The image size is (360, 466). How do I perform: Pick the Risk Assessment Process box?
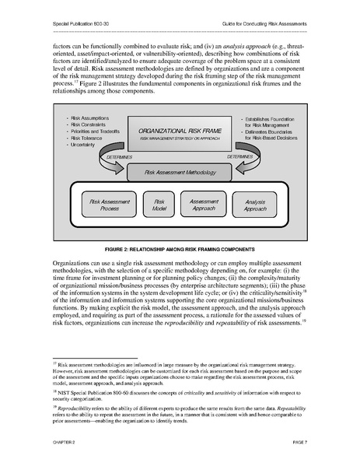click(110, 205)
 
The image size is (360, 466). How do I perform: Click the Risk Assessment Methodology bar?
click(179, 171)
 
